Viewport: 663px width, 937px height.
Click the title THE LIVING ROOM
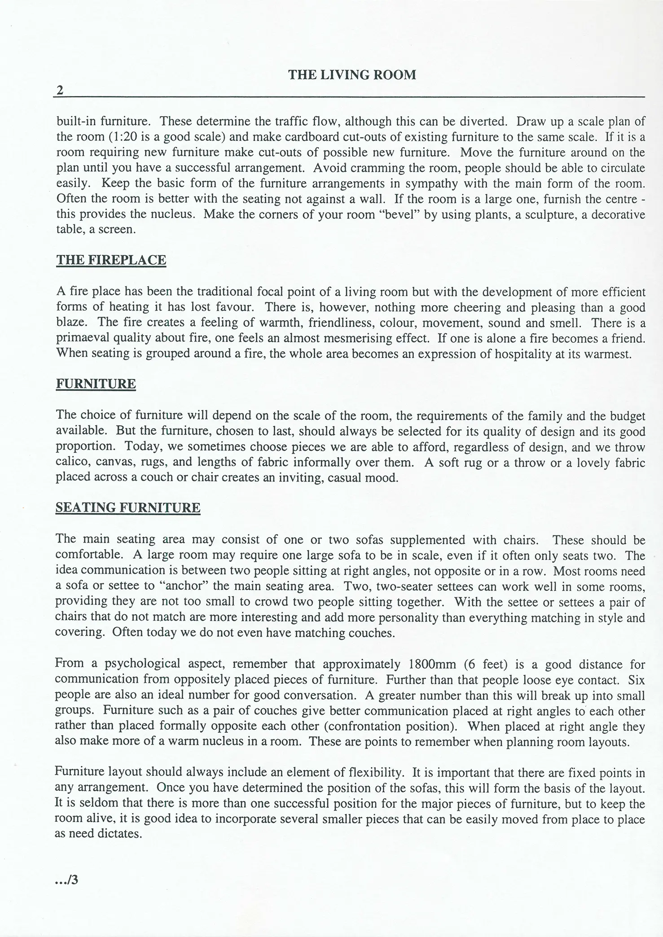351,74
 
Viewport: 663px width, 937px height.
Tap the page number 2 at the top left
59,91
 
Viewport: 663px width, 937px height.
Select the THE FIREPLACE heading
111,260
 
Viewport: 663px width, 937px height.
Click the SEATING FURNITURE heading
127,508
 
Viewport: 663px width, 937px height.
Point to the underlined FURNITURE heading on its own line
96,384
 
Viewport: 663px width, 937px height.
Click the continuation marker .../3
66,880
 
